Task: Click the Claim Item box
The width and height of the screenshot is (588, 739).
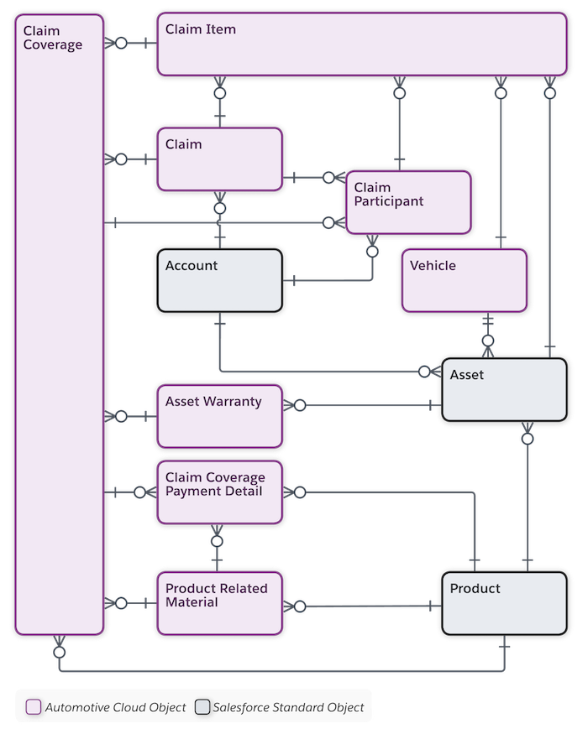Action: click(361, 44)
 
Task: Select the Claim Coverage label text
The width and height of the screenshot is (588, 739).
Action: click(52, 38)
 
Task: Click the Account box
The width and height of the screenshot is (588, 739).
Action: click(218, 281)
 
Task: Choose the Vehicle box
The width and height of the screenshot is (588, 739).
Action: click(465, 280)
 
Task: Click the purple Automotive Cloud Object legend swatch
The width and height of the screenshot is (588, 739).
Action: click(34, 707)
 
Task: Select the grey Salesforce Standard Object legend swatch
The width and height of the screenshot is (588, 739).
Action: click(202, 707)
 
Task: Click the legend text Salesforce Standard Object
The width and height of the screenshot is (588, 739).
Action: click(288, 707)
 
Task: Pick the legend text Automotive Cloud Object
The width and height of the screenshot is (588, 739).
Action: click(115, 707)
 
